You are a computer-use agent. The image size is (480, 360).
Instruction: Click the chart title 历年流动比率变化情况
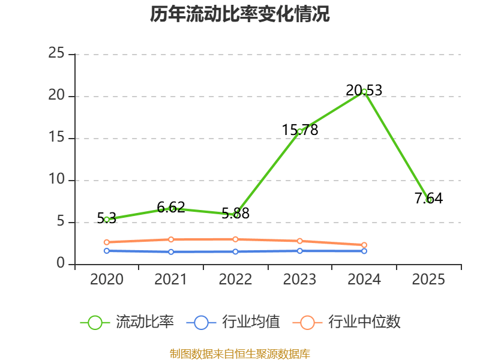[x=240, y=14]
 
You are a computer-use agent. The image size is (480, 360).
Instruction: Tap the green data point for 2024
[x=364, y=92]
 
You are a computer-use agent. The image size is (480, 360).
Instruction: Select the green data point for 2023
[x=300, y=131]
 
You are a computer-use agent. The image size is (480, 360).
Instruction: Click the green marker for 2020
[x=107, y=220]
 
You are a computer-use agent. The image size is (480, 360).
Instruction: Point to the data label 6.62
[x=171, y=208]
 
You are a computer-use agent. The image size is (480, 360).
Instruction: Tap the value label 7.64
[x=428, y=198]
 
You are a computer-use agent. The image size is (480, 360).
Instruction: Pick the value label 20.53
[x=364, y=91]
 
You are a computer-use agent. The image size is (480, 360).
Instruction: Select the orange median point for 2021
[x=171, y=239]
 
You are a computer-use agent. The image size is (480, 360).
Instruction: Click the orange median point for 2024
[x=364, y=245]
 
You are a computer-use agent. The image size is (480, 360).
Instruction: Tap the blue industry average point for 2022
[x=235, y=251]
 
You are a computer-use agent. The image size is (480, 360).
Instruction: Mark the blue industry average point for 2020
[x=107, y=251]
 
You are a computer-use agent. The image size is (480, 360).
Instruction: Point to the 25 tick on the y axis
[x=56, y=53]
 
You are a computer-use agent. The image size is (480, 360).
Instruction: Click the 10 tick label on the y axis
[x=56, y=179]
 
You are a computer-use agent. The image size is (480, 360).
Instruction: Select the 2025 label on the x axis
[x=428, y=279]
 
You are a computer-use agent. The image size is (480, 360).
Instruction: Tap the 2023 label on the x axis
[x=300, y=279]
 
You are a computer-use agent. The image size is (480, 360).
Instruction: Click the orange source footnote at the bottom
[x=240, y=353]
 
